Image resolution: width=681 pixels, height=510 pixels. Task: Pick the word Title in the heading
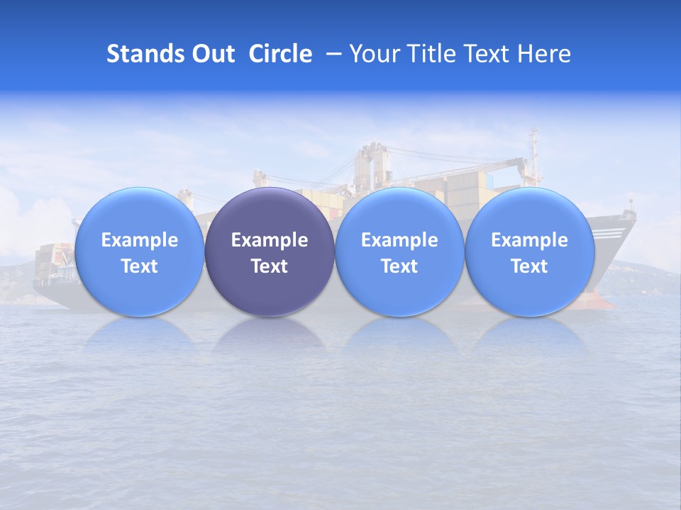432,54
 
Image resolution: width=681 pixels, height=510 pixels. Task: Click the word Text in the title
489,54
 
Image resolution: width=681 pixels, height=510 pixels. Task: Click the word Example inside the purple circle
270,240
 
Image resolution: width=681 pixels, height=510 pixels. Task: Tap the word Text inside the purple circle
270,266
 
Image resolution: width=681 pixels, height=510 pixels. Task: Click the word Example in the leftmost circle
139,240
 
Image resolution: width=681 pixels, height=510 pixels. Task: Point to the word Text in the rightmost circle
529,266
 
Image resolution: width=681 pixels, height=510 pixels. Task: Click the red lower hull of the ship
599,301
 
